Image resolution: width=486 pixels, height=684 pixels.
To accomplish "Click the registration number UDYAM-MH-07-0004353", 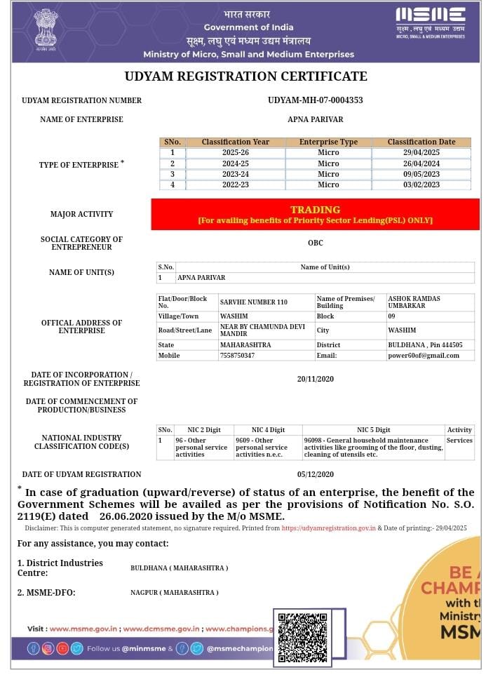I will point(315,100).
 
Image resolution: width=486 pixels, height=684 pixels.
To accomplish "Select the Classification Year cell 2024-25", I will point(235,163).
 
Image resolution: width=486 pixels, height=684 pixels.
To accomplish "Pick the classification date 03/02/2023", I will point(421,185).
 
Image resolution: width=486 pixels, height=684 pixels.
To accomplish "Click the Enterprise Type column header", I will point(328,142).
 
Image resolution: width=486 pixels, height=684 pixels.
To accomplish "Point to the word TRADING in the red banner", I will point(315,209).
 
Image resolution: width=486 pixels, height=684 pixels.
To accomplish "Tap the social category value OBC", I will point(315,243).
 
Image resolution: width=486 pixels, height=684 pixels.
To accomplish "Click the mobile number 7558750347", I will point(237,356).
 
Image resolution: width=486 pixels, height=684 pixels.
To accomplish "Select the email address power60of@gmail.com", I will point(423,356).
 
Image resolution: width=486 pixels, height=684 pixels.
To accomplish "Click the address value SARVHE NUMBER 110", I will point(254,302).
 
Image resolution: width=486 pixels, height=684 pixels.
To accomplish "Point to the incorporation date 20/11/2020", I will point(315,379).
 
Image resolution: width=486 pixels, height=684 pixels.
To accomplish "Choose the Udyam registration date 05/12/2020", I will point(315,474).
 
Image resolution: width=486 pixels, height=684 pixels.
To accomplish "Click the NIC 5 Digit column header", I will point(373,429).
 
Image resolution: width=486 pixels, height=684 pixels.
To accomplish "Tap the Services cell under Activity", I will point(459,441).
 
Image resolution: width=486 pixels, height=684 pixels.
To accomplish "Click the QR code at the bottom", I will point(303,638).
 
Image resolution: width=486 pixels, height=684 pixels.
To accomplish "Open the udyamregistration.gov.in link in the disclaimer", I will point(329,528).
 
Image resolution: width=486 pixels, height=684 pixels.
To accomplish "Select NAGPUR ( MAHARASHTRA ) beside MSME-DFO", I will point(174,593).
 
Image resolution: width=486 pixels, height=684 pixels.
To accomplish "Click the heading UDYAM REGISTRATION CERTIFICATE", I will point(245,76).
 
